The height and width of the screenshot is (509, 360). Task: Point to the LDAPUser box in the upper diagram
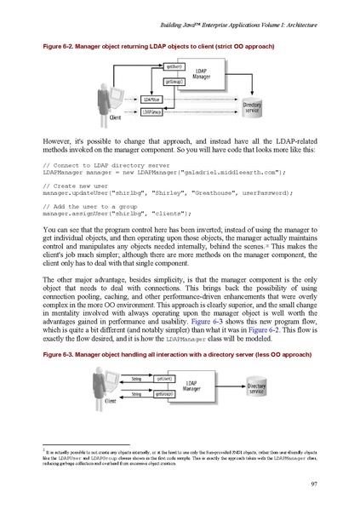(151, 100)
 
